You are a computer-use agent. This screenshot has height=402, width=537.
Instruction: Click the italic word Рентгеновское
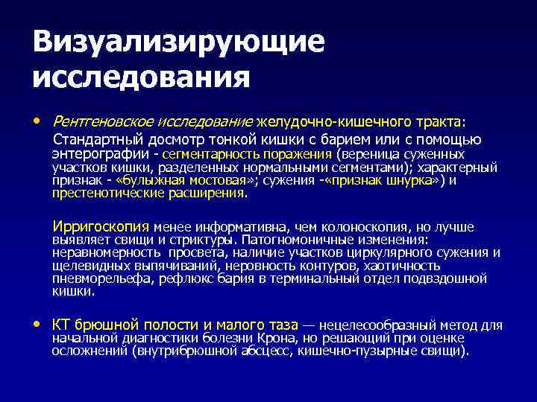(95, 121)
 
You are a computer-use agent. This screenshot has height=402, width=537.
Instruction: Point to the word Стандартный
(95, 139)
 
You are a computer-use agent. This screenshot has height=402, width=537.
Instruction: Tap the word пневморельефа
(93, 278)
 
